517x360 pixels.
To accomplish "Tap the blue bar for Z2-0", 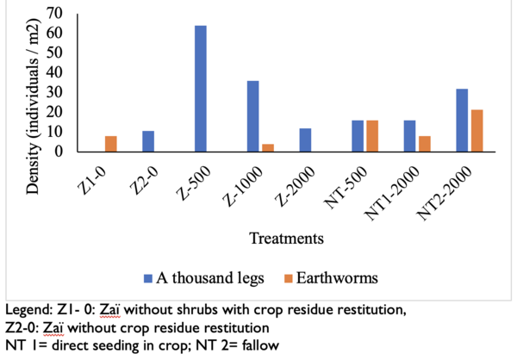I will (x=148, y=141).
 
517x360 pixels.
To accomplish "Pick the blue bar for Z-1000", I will (x=253, y=116).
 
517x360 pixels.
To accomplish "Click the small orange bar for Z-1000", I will (x=267, y=147).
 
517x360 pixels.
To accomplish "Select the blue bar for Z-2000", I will (x=306, y=140).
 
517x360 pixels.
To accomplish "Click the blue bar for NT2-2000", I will (x=464, y=121).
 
